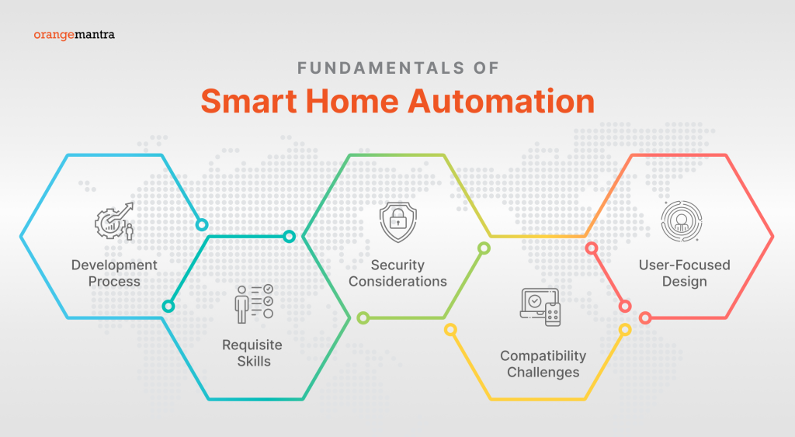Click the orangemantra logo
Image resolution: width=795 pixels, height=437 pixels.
tap(75, 35)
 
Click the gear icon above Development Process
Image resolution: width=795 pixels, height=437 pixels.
tap(114, 221)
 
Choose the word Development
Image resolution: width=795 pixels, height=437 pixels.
tap(114, 265)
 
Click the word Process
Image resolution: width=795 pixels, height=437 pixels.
tap(114, 281)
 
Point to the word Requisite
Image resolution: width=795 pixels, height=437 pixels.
tap(252, 345)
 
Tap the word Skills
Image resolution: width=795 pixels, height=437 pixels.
tap(253, 361)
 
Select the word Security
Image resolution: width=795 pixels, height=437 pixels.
tap(397, 265)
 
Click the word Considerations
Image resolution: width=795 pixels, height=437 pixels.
tap(397, 281)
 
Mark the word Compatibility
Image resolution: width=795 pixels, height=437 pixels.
tap(543, 355)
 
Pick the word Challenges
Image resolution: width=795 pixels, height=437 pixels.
tap(543, 372)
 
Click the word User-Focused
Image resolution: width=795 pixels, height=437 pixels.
tap(684, 265)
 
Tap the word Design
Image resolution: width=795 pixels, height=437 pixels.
tap(684, 281)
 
